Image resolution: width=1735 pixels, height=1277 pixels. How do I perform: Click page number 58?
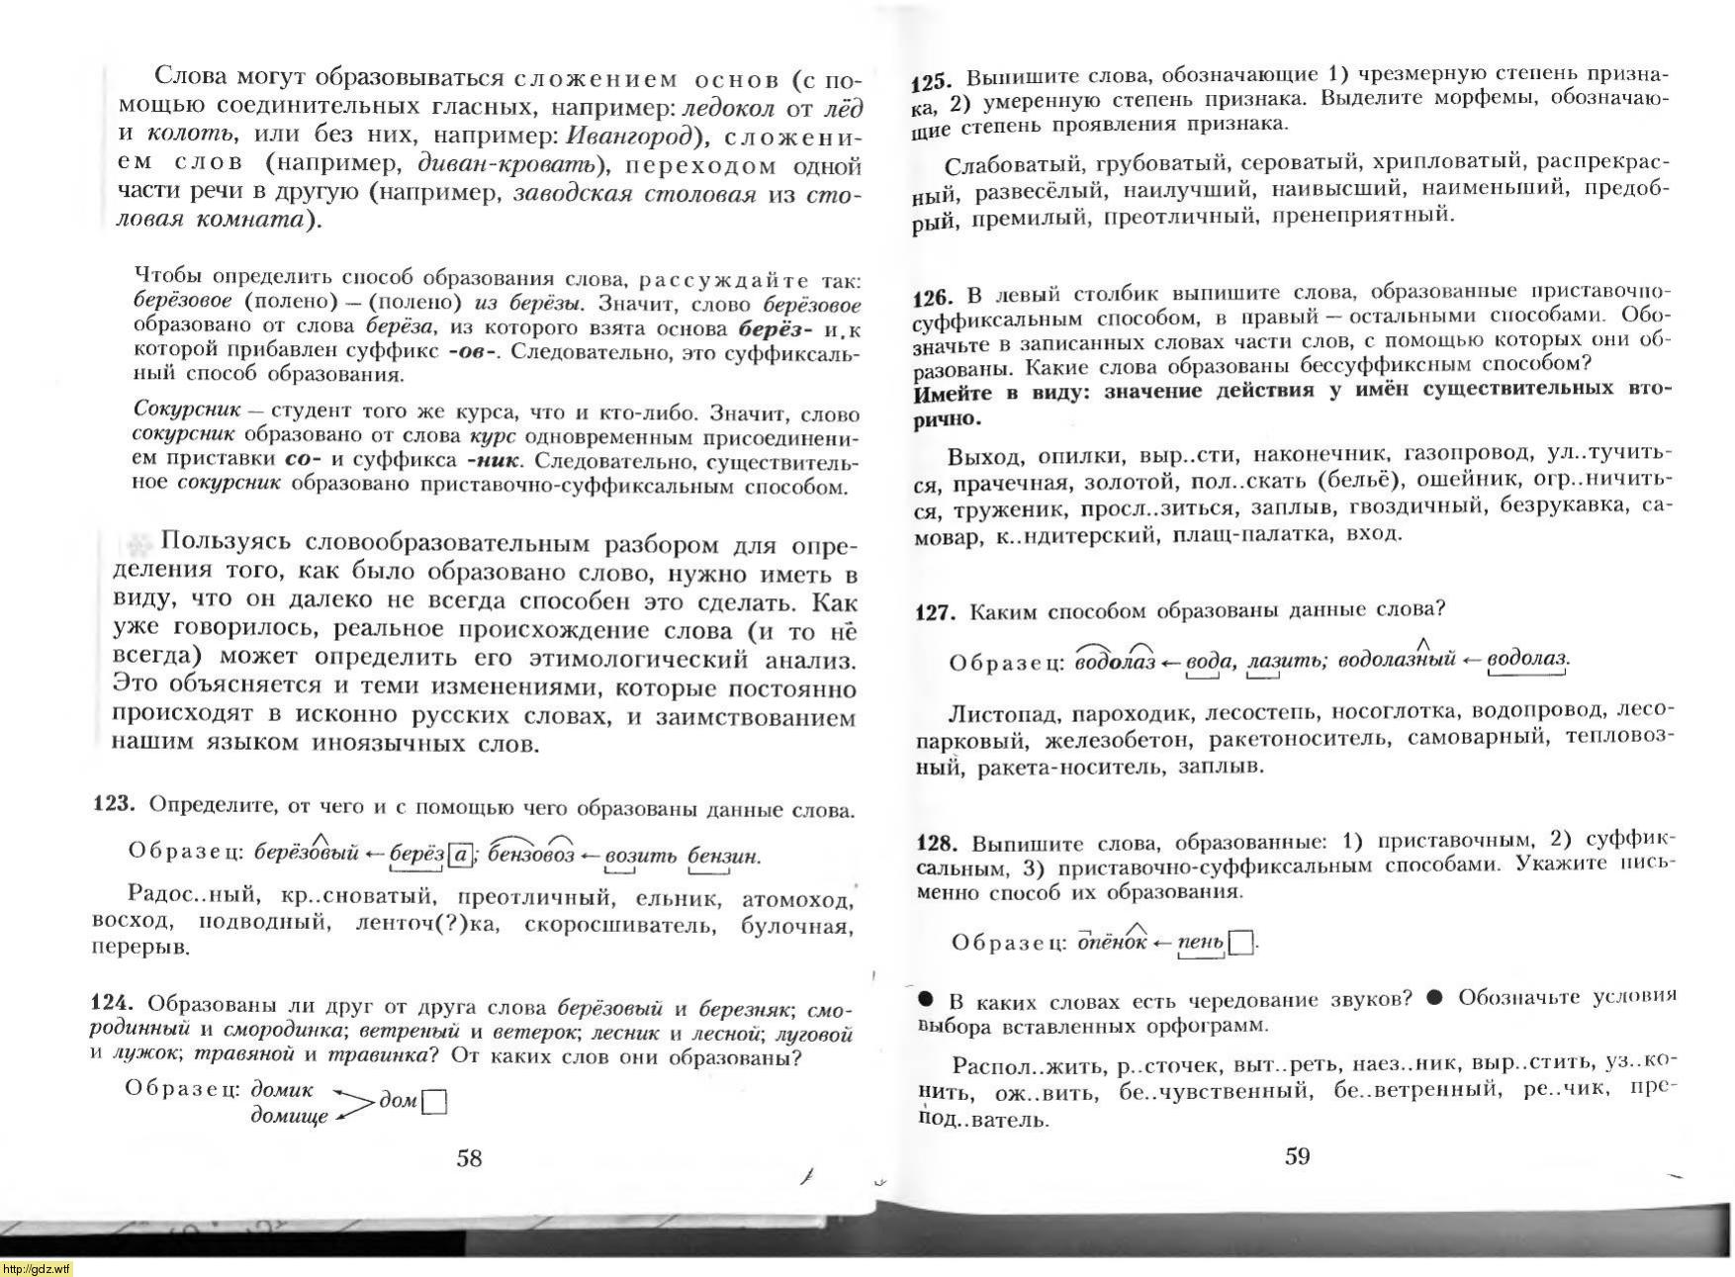click(x=469, y=1157)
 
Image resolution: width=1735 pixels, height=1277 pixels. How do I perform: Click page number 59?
click(x=1297, y=1155)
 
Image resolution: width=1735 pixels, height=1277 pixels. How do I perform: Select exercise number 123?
click(x=113, y=803)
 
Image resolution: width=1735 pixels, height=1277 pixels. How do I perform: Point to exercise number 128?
click(x=938, y=843)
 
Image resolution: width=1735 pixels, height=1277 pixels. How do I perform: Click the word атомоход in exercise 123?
click(x=796, y=899)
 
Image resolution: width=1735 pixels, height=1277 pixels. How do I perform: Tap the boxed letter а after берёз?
click(x=460, y=854)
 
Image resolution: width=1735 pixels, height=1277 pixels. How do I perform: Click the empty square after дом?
click(x=434, y=1102)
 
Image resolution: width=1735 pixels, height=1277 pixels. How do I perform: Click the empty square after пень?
click(x=1240, y=942)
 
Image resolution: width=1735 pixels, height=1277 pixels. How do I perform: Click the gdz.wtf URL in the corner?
click(x=37, y=1269)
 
